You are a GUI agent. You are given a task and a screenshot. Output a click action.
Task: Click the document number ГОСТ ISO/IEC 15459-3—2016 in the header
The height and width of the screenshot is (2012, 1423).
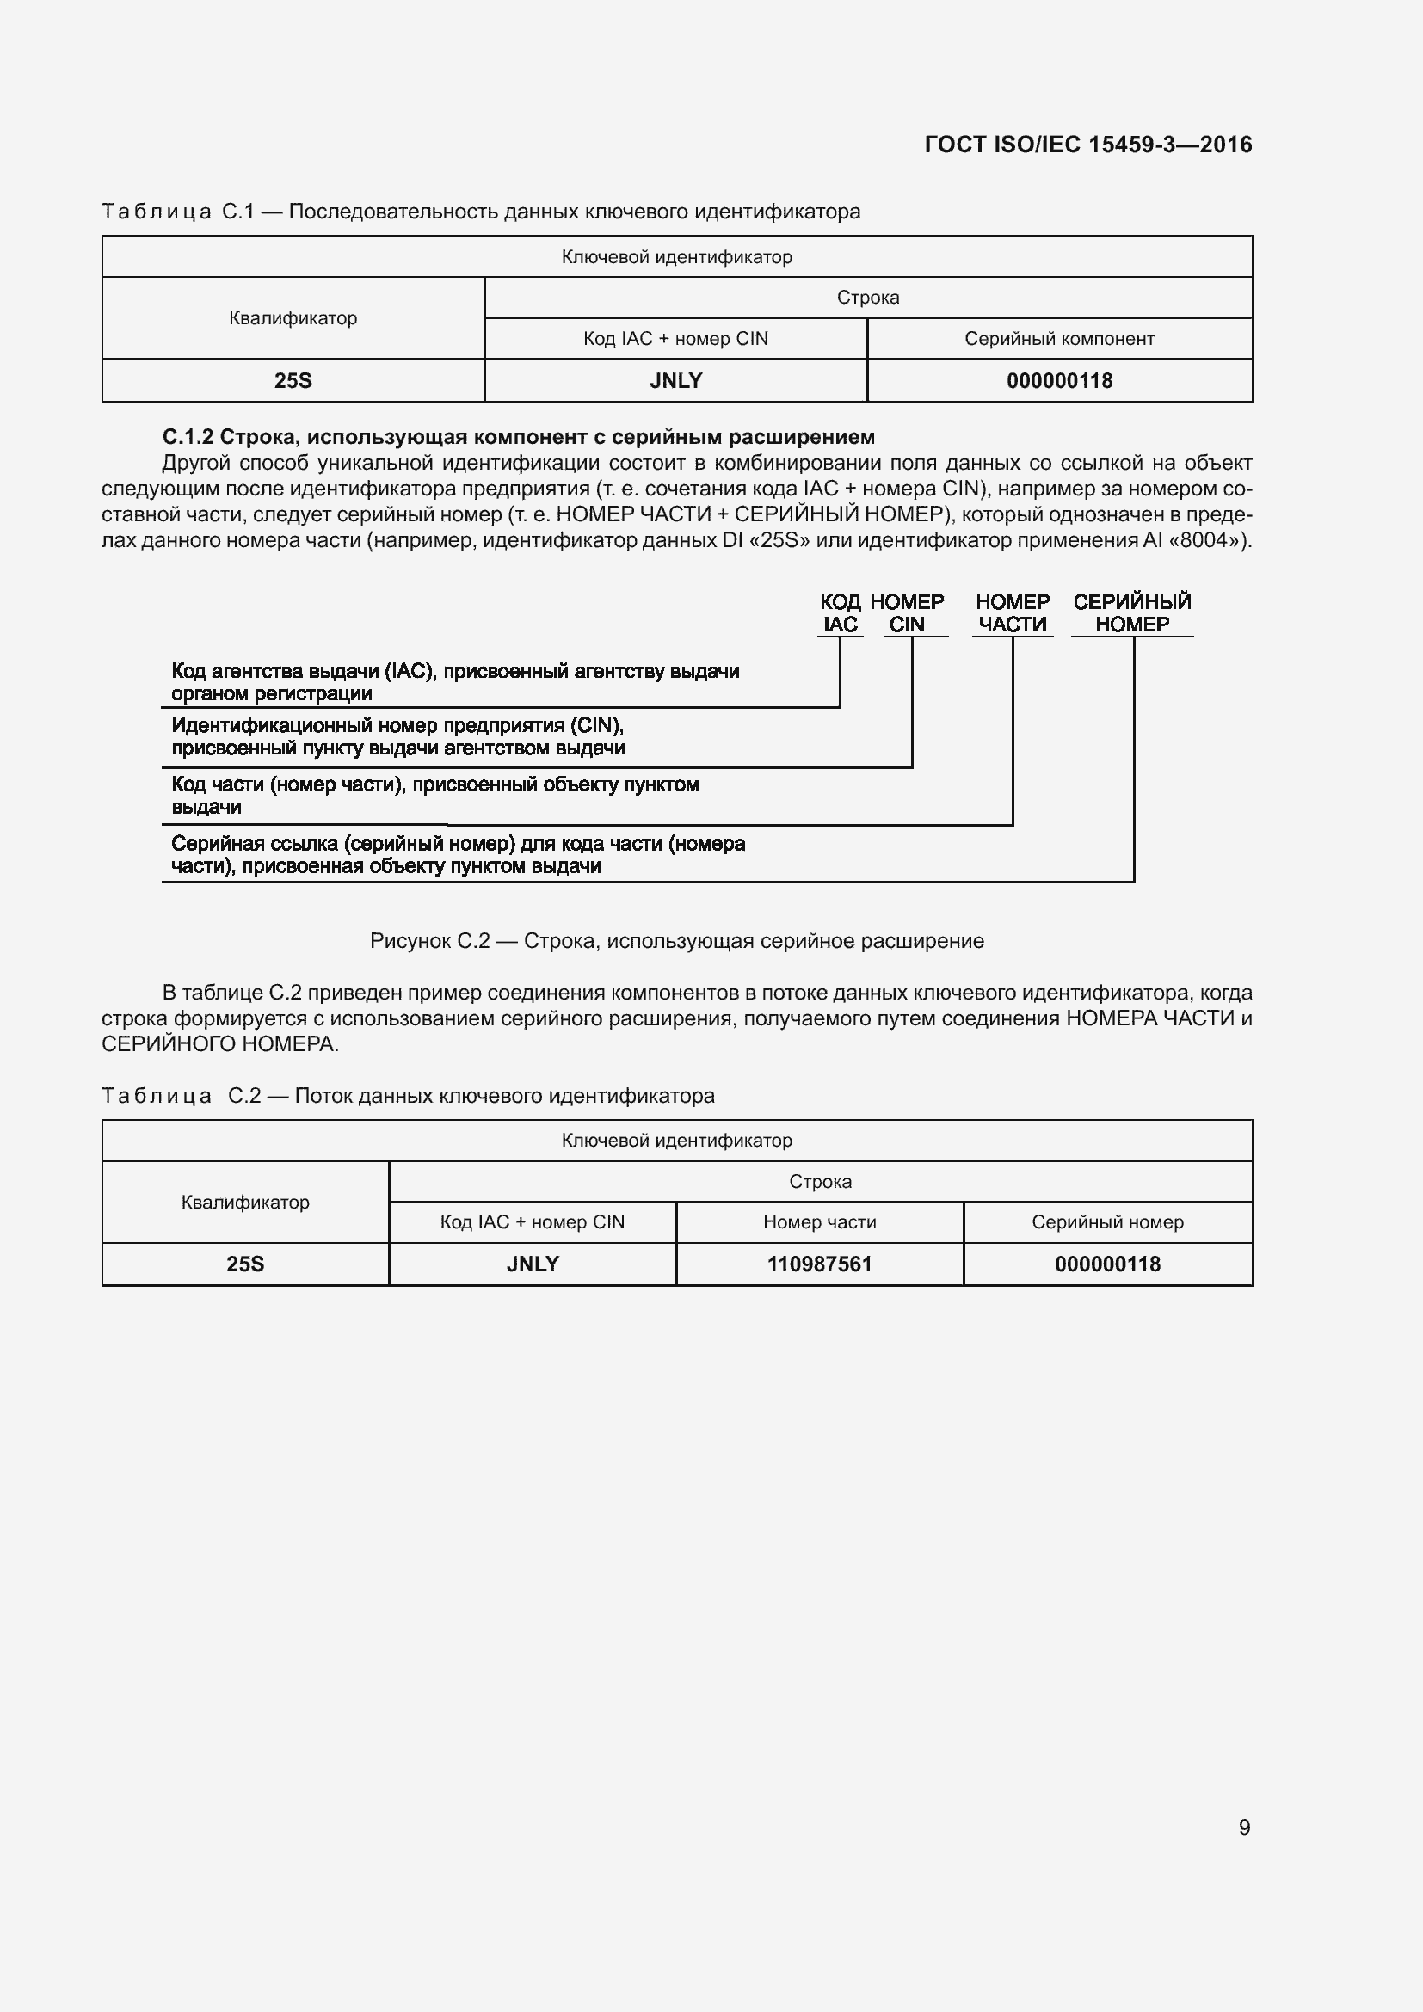click(1087, 145)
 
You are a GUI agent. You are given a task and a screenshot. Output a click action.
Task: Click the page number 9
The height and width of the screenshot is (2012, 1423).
click(1243, 1827)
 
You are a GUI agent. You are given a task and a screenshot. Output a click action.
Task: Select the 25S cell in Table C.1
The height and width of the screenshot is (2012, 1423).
click(293, 381)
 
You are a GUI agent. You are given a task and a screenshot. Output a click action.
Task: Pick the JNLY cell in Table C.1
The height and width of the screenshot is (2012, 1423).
click(675, 381)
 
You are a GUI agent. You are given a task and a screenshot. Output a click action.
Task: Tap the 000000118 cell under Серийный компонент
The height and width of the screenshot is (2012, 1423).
click(1058, 381)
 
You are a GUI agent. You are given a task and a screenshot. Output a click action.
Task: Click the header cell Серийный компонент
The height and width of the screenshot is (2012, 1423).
click(1058, 339)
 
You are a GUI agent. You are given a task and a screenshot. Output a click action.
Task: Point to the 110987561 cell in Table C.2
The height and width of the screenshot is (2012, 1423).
click(819, 1264)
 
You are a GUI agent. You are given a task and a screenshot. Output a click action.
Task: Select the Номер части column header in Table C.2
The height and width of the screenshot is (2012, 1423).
click(819, 1222)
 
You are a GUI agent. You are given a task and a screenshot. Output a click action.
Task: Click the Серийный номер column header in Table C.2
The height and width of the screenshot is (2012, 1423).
click(1106, 1222)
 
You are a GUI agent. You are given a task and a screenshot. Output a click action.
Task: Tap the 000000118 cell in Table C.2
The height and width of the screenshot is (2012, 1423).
click(1106, 1264)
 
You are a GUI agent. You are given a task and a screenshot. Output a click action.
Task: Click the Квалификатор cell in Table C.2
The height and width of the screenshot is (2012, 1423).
click(245, 1203)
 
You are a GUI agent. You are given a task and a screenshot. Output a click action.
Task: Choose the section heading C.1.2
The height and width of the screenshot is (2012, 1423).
click(518, 436)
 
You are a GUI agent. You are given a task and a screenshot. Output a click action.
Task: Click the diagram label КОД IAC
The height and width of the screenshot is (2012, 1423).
click(840, 613)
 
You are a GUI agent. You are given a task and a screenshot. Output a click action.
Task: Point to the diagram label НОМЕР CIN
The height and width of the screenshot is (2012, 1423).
click(907, 613)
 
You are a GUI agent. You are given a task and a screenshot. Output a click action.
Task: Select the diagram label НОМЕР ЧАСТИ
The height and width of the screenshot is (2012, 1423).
click(1012, 613)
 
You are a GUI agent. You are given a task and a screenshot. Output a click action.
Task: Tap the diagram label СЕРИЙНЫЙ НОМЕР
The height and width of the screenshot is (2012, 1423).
click(1131, 613)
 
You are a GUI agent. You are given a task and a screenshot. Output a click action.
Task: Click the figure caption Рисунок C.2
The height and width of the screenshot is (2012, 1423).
click(676, 941)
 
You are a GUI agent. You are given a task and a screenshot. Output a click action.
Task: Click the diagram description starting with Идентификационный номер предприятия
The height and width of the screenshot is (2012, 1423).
click(397, 737)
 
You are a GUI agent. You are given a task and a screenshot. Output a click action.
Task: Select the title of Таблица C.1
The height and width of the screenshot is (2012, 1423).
click(481, 212)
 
